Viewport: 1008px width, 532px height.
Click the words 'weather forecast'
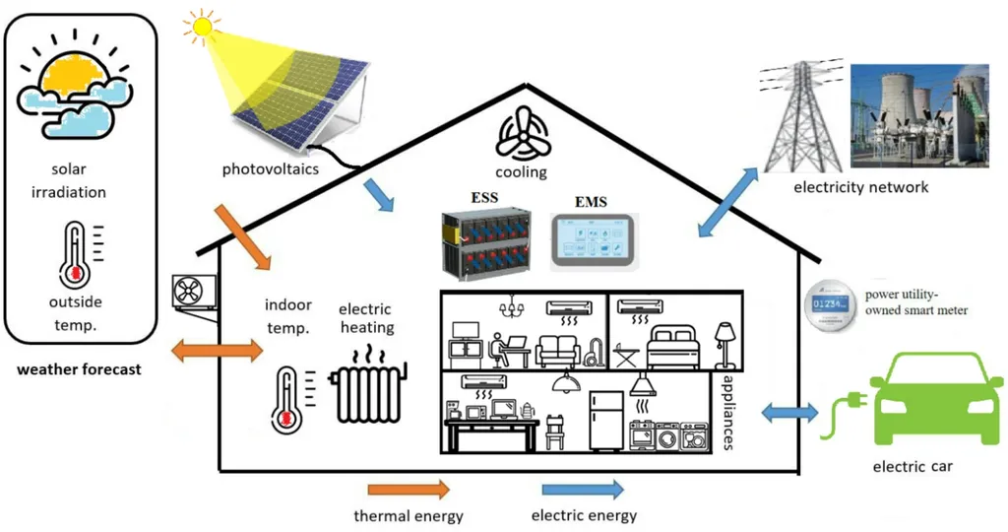point(79,370)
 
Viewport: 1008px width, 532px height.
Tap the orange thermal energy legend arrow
point(409,489)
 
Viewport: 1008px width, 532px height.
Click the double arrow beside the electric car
point(789,412)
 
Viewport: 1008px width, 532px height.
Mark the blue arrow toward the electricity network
point(728,202)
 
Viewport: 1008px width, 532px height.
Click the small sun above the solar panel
point(201,26)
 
